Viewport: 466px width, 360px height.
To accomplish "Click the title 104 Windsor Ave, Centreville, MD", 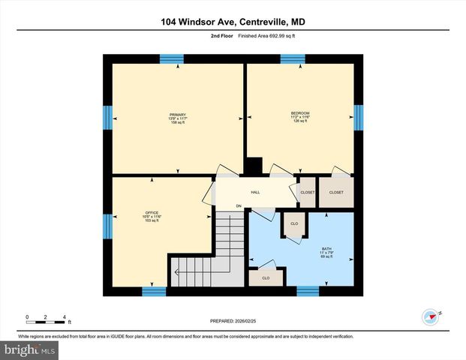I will coord(233,22).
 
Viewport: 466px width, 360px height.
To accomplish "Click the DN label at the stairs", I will coord(239,206).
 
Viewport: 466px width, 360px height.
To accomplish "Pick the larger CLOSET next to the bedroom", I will coord(335,192).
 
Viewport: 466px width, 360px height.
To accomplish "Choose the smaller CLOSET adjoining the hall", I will coord(308,192).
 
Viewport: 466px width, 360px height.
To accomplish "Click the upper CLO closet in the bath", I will coord(294,224).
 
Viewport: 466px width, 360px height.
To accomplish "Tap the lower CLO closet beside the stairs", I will coord(266,277).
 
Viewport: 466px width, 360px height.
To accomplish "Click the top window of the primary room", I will coord(172,58).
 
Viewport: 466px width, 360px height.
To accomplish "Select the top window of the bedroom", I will coord(293,58).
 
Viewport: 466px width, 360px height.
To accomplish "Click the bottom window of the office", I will coord(154,291).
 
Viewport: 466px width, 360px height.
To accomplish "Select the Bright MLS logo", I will coord(30,349).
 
